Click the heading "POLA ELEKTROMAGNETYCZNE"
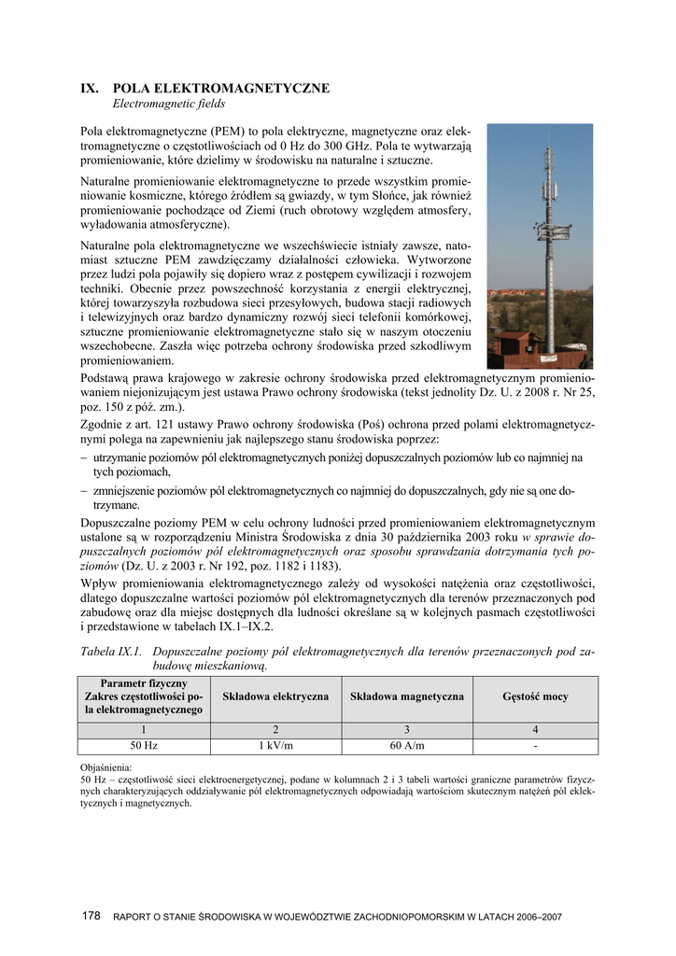[x=221, y=88]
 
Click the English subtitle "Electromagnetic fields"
[x=169, y=104]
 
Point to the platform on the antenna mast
[x=555, y=231]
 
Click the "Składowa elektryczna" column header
[x=275, y=696]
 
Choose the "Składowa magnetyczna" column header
[x=406, y=696]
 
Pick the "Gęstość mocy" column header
[x=535, y=696]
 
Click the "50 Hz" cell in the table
[x=144, y=745]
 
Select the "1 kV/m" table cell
[x=275, y=745]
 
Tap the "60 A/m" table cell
[x=406, y=745]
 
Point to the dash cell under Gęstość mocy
[x=535, y=745]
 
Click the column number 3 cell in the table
[x=406, y=729]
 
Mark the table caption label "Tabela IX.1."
[x=111, y=651]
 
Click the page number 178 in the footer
[x=91, y=917]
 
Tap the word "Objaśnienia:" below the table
[x=106, y=767]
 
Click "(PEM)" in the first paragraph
[x=228, y=131]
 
